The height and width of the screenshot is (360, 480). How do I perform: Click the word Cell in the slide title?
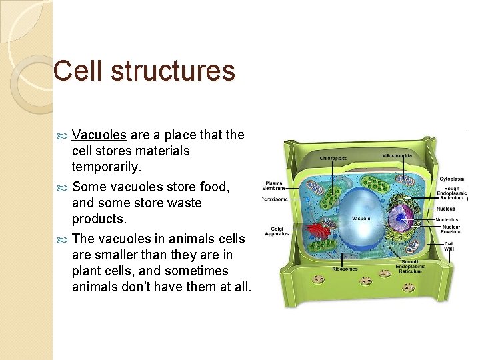click(79, 71)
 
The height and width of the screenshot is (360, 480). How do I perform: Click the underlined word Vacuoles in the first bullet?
click(99, 135)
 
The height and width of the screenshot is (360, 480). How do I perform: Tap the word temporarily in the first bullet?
click(111, 167)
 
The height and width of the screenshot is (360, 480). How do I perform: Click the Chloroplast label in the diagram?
click(332, 159)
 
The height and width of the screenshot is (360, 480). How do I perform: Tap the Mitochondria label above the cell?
click(397, 156)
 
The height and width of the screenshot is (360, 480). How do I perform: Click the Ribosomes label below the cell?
click(345, 269)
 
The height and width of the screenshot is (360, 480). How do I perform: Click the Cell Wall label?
click(450, 246)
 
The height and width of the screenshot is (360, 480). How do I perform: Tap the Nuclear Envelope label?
click(451, 229)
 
